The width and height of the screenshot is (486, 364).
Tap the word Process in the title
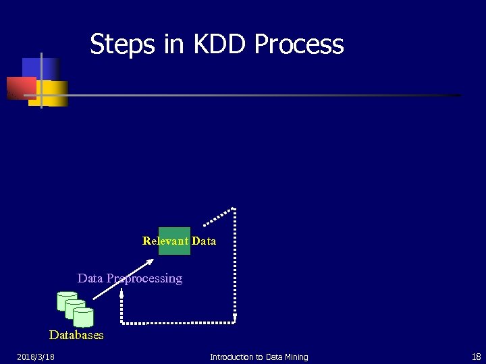(x=299, y=44)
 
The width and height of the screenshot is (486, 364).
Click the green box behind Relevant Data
(x=174, y=241)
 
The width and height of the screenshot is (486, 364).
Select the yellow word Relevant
(x=165, y=241)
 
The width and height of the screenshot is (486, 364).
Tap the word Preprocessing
(x=144, y=278)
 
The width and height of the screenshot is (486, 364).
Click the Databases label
(x=76, y=335)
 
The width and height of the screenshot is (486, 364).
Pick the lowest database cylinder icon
(x=83, y=317)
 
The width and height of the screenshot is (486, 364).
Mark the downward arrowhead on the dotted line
(x=235, y=317)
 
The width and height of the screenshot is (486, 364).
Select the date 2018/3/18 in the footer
(x=36, y=357)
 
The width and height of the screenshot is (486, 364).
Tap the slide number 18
(x=476, y=357)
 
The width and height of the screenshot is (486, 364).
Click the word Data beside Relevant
(x=204, y=241)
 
